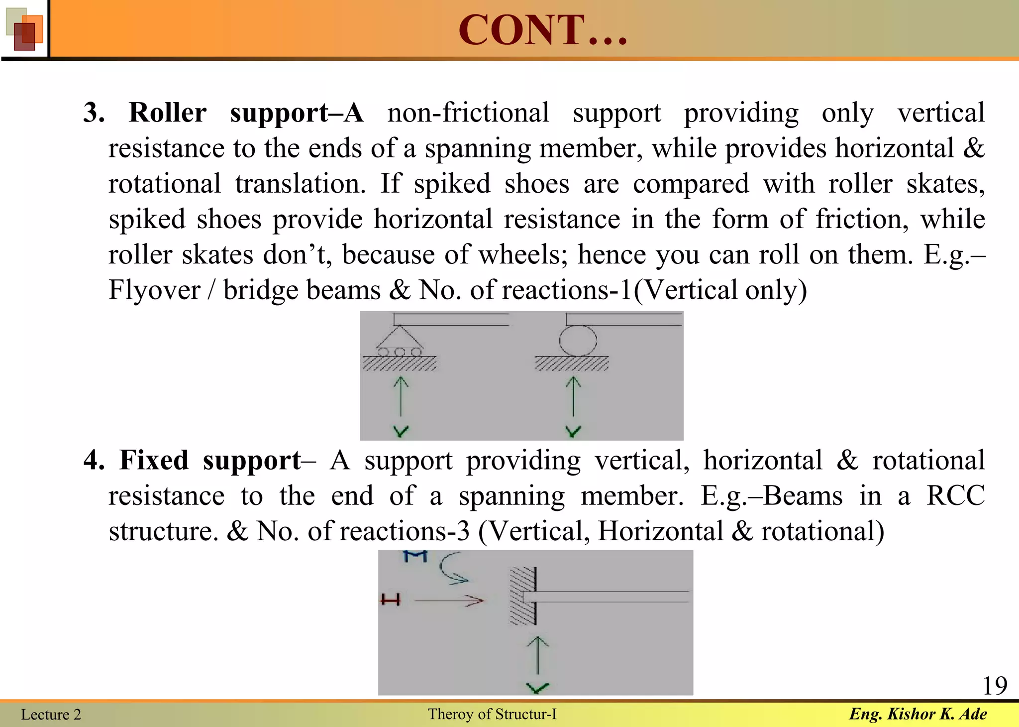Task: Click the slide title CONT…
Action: [542, 30]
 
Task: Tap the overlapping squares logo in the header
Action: [24, 29]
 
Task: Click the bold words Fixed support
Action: [209, 460]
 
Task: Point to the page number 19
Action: [994, 686]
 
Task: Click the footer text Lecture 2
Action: [51, 715]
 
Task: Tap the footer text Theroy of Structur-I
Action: [492, 714]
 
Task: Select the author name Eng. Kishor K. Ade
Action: [917, 714]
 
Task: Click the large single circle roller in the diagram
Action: [578, 341]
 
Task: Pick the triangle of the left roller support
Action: [400, 338]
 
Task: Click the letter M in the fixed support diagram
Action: [415, 556]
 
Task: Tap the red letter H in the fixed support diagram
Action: [391, 600]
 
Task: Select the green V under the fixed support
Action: [537, 688]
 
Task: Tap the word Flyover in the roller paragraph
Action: [154, 290]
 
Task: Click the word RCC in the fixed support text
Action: [955, 496]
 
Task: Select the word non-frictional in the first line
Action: [468, 113]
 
